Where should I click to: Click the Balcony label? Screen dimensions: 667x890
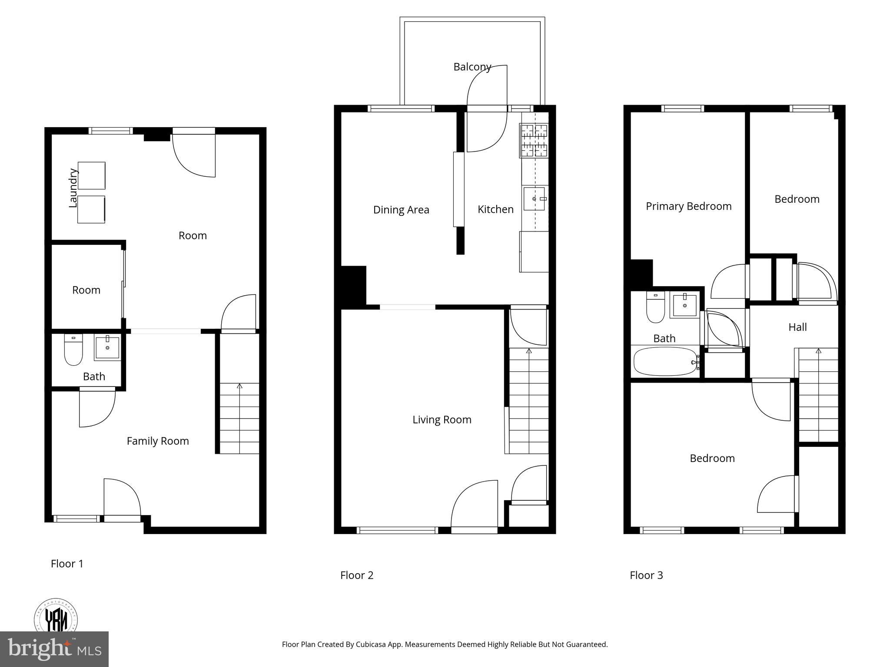point(472,67)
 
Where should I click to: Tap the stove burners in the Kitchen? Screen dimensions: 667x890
point(534,141)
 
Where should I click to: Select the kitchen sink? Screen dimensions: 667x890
point(535,198)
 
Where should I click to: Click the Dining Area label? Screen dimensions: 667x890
point(401,210)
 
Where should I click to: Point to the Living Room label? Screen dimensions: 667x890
point(442,419)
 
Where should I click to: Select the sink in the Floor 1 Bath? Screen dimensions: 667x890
point(107,347)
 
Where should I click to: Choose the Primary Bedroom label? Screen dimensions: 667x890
point(688,206)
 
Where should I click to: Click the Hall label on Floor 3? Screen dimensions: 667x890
point(797,327)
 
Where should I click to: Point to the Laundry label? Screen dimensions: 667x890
point(73,188)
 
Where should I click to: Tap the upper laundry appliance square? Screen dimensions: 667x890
point(91,175)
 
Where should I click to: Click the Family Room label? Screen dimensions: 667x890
point(158,441)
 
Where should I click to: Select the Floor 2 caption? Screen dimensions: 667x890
point(357,575)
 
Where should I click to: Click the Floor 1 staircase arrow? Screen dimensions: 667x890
point(239,386)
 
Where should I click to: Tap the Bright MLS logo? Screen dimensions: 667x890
point(54,649)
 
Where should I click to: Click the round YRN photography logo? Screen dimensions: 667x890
point(56,617)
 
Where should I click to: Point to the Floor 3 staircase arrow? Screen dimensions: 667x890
point(818,350)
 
